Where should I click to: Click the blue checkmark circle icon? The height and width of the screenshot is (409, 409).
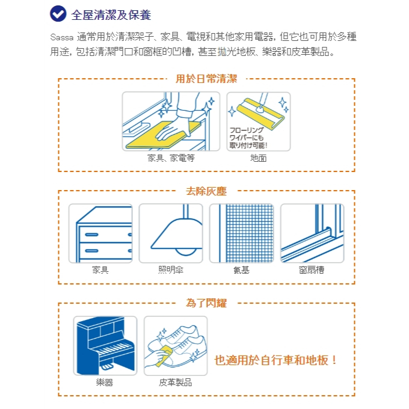coord(58,14)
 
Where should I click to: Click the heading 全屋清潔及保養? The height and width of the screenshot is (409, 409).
coord(111,14)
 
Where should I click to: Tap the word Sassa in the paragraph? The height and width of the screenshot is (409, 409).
coord(62,37)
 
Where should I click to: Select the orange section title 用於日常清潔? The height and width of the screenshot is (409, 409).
coord(206,79)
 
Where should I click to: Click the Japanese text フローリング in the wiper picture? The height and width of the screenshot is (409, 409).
coord(247,130)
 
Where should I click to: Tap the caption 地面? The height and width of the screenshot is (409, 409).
coord(258,158)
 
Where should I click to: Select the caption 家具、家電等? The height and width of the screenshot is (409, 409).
coord(171,158)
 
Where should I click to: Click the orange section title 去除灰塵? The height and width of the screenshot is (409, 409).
coord(206,191)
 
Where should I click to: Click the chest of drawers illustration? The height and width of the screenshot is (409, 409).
coord(104,234)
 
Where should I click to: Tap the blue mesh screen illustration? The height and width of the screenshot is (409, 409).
coord(250,233)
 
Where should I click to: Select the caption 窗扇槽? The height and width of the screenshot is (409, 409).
coord(312,269)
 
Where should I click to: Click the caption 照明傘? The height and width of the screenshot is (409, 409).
coord(171,269)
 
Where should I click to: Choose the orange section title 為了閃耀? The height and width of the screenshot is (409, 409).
coord(206,303)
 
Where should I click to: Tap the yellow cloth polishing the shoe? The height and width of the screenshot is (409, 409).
coord(164,355)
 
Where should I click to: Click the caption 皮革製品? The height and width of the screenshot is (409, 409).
coord(175,383)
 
